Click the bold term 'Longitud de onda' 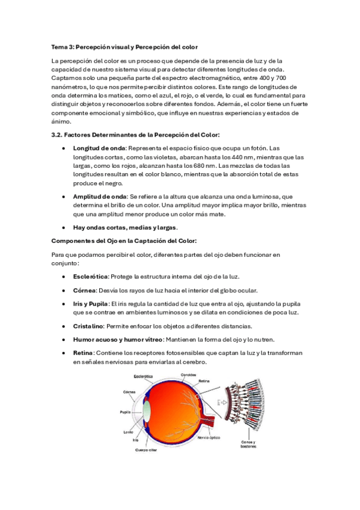coord(99,148)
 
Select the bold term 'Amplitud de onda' coord(99,196)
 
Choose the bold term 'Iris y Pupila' coord(90,304)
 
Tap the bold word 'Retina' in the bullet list coord(83,354)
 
